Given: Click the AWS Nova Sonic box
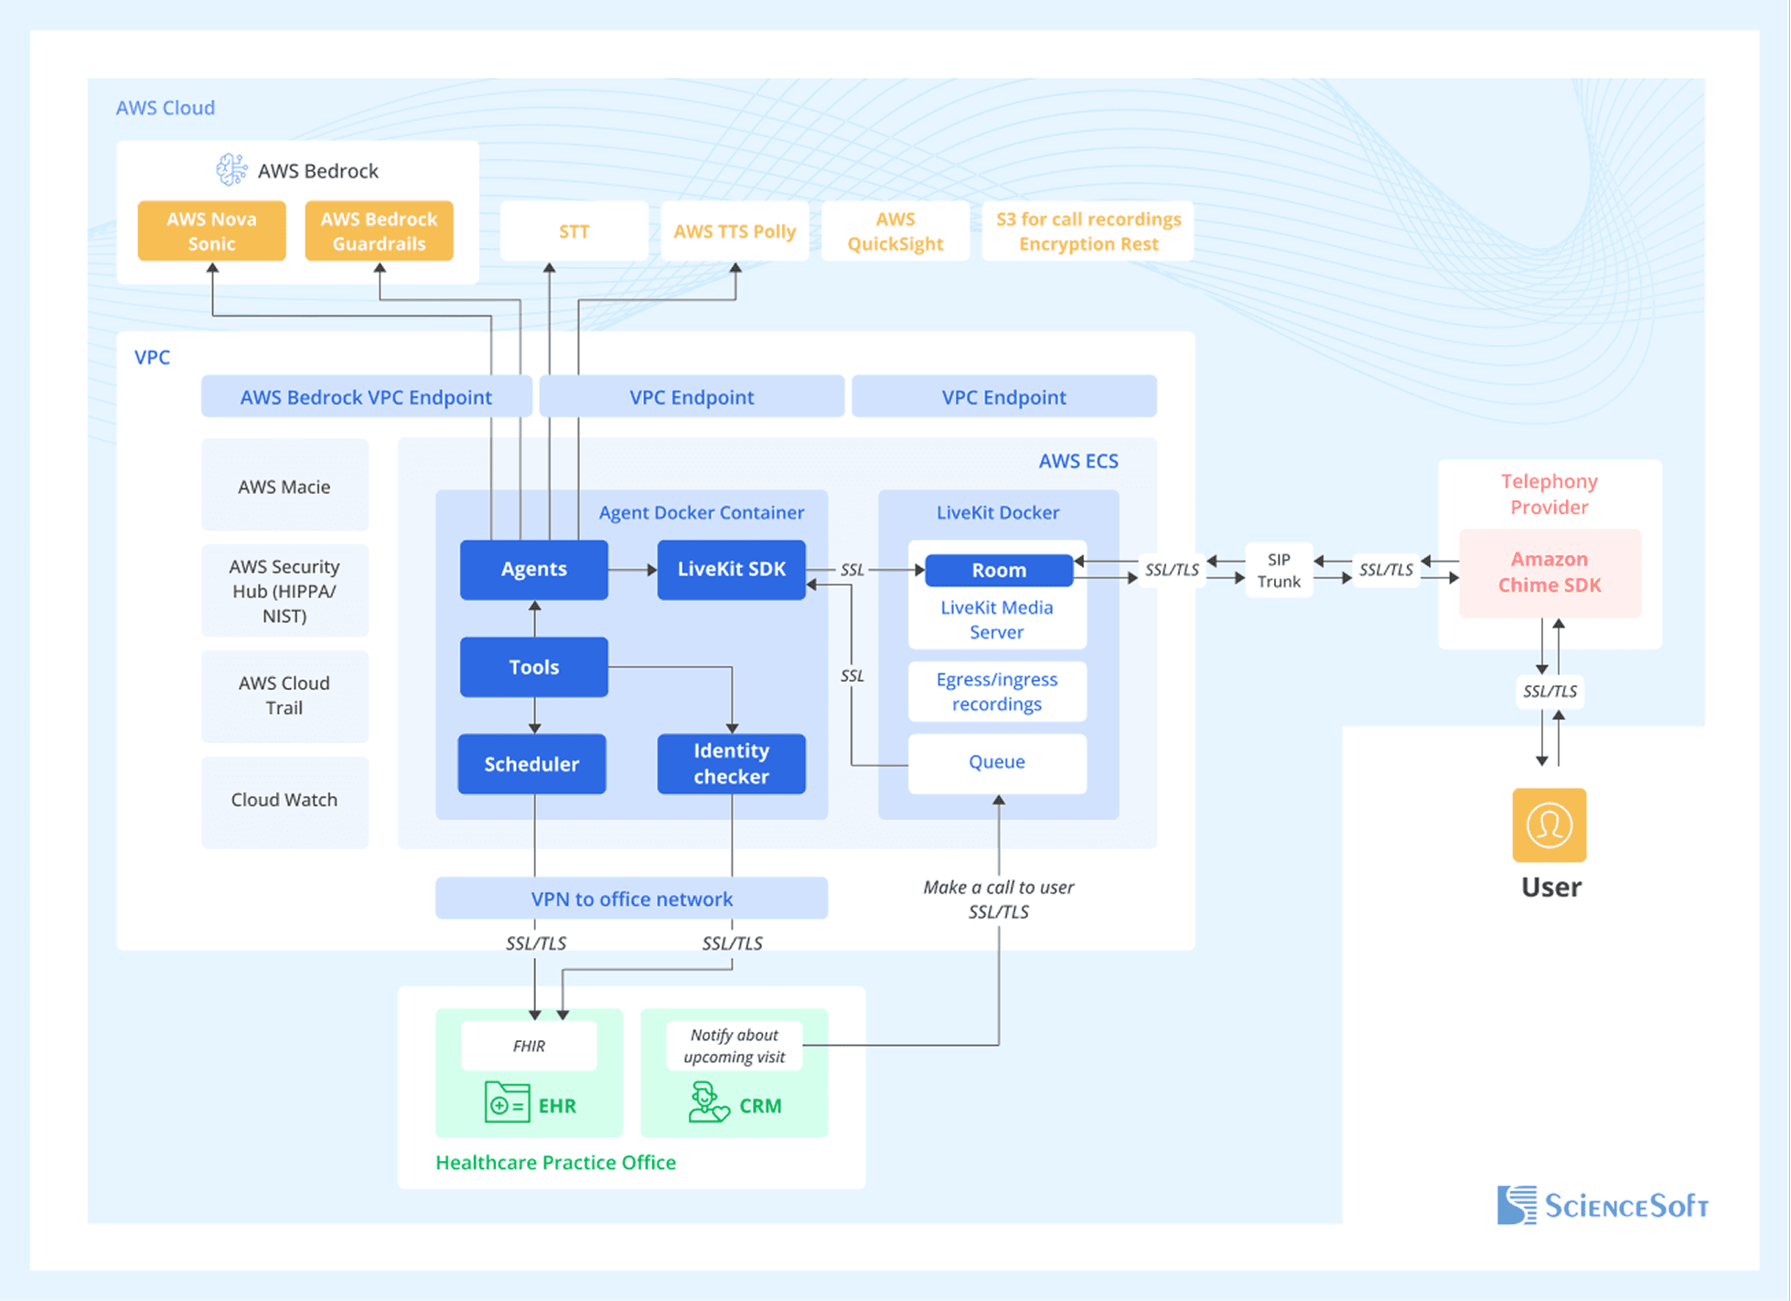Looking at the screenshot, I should [x=211, y=231].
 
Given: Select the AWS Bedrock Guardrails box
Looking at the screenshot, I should [x=379, y=231].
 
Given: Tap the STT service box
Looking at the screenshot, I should [x=574, y=231].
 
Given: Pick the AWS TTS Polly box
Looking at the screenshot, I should [x=735, y=231].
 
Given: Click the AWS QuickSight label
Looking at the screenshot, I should [x=895, y=231].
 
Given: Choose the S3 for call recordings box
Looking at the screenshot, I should [x=1088, y=231].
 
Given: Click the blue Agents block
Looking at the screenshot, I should [x=533, y=569].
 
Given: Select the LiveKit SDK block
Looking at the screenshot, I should [x=731, y=569].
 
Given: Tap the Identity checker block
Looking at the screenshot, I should [x=731, y=763].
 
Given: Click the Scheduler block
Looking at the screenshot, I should [x=531, y=764].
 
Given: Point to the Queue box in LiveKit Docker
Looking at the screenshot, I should [x=997, y=762].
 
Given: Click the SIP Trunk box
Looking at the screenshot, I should [x=1279, y=570].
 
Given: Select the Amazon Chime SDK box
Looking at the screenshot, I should [x=1549, y=573].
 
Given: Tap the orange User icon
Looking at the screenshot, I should [x=1549, y=825].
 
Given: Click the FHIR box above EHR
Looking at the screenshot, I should [x=529, y=1046].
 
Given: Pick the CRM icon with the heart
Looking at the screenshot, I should [x=708, y=1102].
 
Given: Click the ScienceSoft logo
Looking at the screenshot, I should [x=1603, y=1205].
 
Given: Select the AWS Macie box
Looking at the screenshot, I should [x=284, y=487].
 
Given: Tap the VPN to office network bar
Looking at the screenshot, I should [x=631, y=898].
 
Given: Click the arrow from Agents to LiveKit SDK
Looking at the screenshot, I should [x=633, y=570].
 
